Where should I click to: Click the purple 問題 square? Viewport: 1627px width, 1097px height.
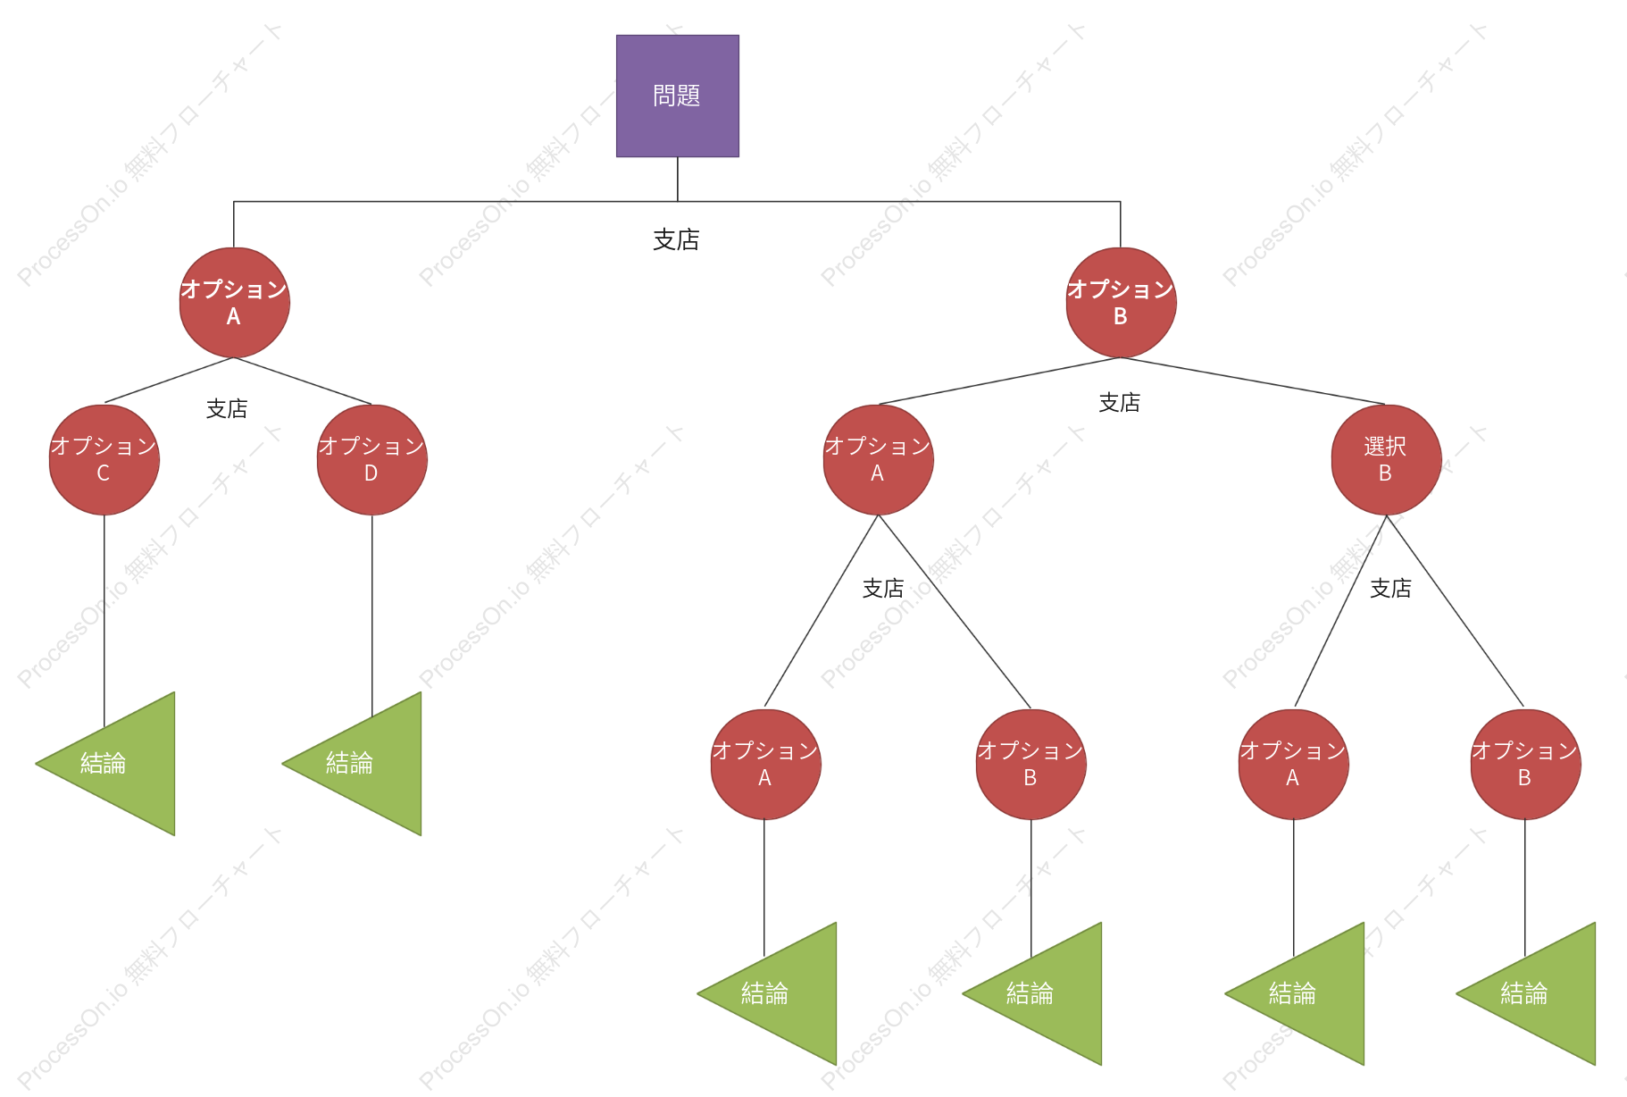click(x=677, y=96)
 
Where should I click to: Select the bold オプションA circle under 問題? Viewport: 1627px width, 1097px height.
click(x=234, y=303)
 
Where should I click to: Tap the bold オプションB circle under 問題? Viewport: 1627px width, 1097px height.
click(x=1121, y=303)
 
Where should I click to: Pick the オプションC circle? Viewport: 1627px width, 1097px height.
click(x=104, y=460)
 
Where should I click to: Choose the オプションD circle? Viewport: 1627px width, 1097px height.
click(x=372, y=460)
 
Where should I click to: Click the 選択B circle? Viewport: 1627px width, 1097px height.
click(x=1386, y=460)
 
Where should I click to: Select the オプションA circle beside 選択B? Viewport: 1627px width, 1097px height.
click(x=878, y=460)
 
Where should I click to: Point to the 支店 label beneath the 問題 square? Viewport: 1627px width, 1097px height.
click(x=676, y=239)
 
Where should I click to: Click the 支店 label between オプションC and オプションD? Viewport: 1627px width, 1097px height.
click(x=227, y=408)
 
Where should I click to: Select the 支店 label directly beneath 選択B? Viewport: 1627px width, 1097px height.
click(x=1390, y=588)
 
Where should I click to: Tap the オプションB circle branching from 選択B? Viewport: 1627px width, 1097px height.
click(x=1525, y=765)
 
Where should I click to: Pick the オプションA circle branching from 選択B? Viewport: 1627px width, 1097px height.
click(x=1293, y=765)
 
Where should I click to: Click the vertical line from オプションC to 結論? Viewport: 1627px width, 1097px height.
click(x=104, y=622)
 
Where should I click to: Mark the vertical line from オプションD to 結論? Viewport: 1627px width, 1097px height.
click(x=372, y=616)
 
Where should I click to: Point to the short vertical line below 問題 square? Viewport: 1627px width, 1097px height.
click(x=678, y=180)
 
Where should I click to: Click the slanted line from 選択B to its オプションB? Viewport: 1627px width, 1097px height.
click(x=1455, y=611)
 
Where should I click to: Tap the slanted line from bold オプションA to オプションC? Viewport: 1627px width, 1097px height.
click(x=169, y=381)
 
